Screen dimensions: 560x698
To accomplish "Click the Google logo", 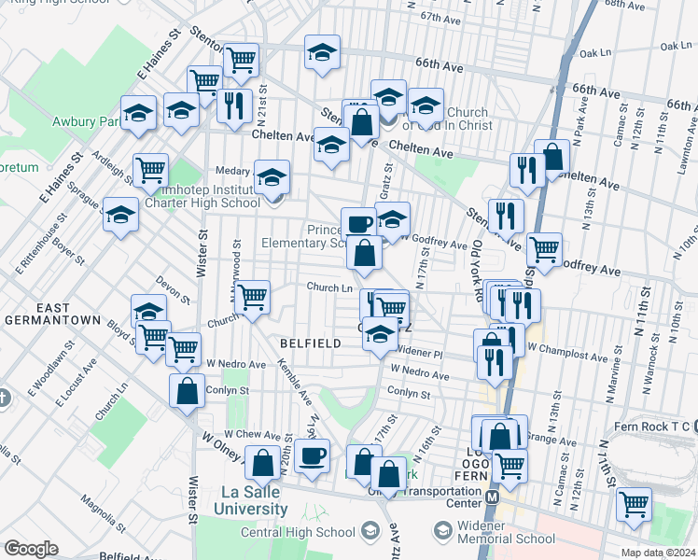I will [x=31, y=549].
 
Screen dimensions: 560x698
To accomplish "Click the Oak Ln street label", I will [x=672, y=45].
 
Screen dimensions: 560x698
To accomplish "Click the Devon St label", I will [x=174, y=290].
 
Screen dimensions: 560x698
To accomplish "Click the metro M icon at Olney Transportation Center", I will [x=492, y=497].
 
